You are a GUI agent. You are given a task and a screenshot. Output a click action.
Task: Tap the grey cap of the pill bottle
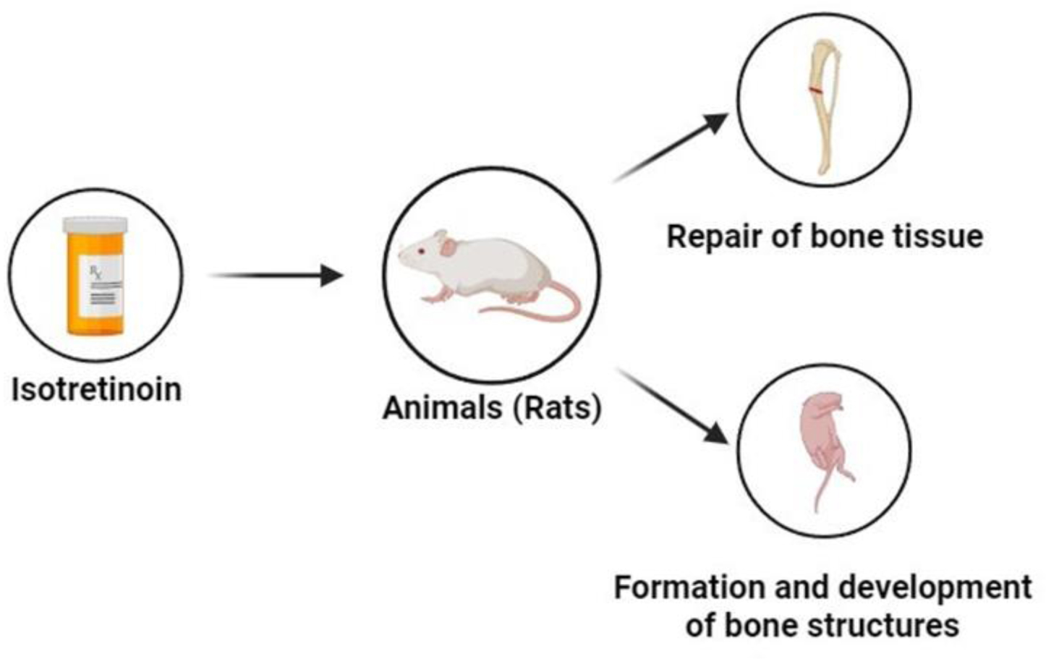click(x=95, y=225)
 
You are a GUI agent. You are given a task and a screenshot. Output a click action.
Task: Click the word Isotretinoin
click(x=96, y=390)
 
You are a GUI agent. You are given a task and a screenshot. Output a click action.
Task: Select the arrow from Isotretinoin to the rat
click(x=275, y=276)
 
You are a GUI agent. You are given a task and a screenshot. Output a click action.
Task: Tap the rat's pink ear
click(x=448, y=247)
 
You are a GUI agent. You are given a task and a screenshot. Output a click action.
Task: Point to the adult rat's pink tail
click(x=550, y=307)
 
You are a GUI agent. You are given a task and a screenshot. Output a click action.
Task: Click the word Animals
click(x=442, y=408)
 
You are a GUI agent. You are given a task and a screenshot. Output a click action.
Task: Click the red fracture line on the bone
click(x=815, y=90)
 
